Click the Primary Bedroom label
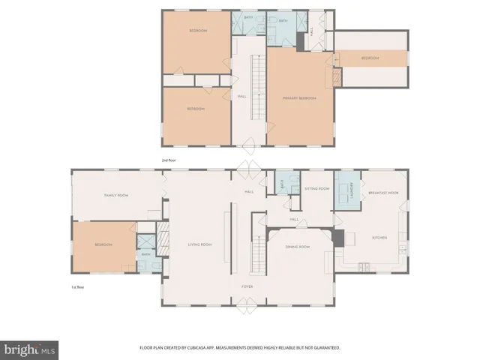click(299, 97)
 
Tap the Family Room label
click(116, 195)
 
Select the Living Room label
click(199, 244)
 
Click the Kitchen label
click(380, 238)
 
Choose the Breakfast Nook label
click(382, 193)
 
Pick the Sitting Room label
click(317, 189)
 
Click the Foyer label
click(247, 286)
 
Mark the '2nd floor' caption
click(169, 160)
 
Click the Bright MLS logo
click(30, 349)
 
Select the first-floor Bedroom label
click(103, 245)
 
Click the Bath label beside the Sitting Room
click(280, 184)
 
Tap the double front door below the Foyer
click(247, 307)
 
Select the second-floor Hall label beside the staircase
click(242, 96)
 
